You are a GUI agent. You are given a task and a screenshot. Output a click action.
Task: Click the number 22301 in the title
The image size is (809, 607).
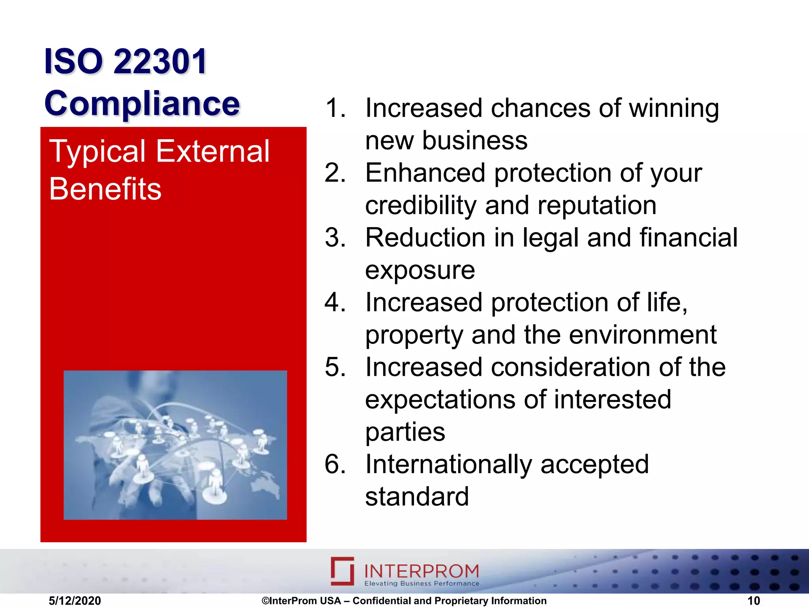point(160,61)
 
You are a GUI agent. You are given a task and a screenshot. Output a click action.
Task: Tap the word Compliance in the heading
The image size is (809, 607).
point(142,104)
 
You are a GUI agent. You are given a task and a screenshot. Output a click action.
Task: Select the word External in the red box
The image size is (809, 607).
point(213,151)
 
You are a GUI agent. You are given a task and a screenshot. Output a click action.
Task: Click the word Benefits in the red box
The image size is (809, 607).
point(105,189)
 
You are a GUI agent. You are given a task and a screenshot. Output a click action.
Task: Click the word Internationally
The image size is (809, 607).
point(448,464)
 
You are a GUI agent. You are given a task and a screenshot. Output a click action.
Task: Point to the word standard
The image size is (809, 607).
point(417,497)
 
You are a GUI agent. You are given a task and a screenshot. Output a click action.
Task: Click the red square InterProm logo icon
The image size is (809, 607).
point(342,571)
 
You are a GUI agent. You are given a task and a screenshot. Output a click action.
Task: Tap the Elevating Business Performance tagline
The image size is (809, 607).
point(421,583)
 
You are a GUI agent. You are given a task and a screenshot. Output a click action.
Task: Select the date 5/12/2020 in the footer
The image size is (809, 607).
point(75,601)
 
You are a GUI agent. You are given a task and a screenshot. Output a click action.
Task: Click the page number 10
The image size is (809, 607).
point(753,601)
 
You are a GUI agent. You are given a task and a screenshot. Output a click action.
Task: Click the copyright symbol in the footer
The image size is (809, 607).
point(265,601)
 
